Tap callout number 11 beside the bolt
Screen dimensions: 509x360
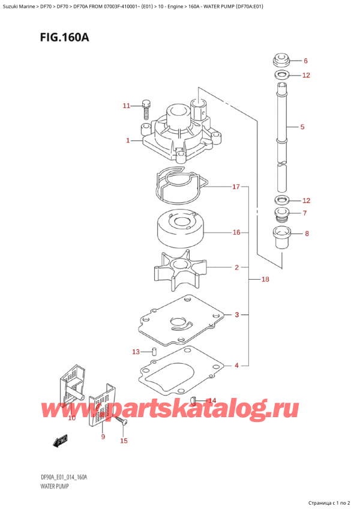(x=126, y=106)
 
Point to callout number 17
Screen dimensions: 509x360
(x=236, y=187)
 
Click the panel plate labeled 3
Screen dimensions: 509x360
(x=180, y=318)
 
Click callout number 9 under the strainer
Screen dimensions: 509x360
(x=103, y=437)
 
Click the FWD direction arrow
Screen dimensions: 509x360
(x=60, y=443)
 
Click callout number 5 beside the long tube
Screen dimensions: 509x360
(x=302, y=127)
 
